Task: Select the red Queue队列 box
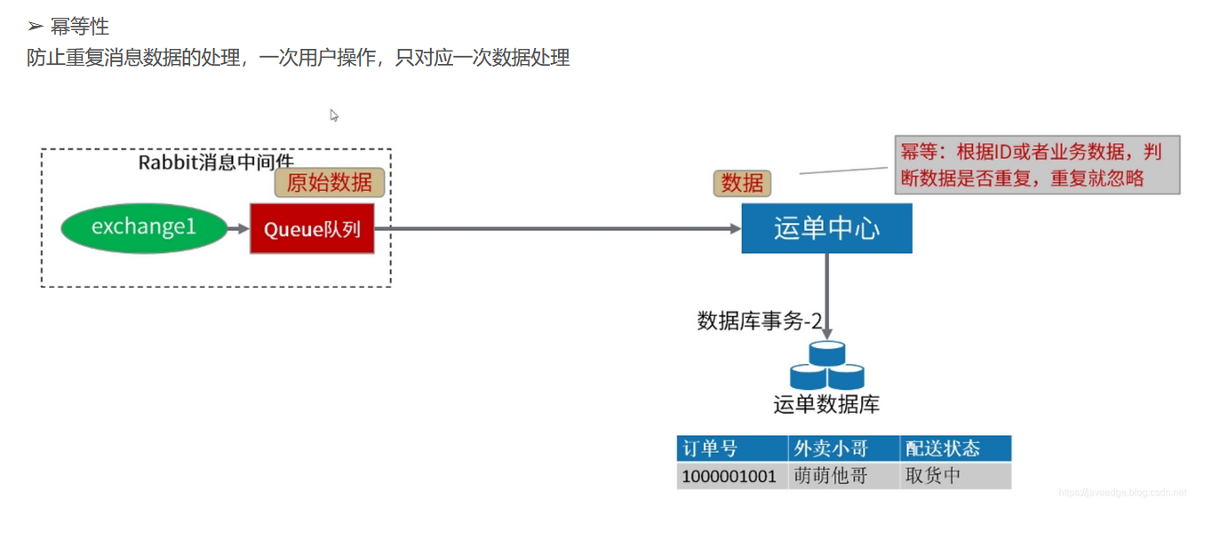pos(312,229)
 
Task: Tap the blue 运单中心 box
pos(826,228)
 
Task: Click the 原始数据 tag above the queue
pos(329,183)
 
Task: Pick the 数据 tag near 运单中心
pos(742,183)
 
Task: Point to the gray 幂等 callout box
pos(1037,164)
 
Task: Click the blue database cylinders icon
pos(826,366)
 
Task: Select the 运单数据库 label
pos(826,405)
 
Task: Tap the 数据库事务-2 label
pos(759,321)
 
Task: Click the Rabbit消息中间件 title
pos(216,162)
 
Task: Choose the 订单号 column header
pos(732,448)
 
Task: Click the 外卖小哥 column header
pos(842,448)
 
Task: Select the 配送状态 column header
pos(954,448)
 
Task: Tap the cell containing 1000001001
pos(732,476)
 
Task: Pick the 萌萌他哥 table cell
pos(842,476)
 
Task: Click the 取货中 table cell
pos(954,476)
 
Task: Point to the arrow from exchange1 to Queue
pos(238,229)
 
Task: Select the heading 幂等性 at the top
pos(80,27)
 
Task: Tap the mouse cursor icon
pos(334,115)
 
